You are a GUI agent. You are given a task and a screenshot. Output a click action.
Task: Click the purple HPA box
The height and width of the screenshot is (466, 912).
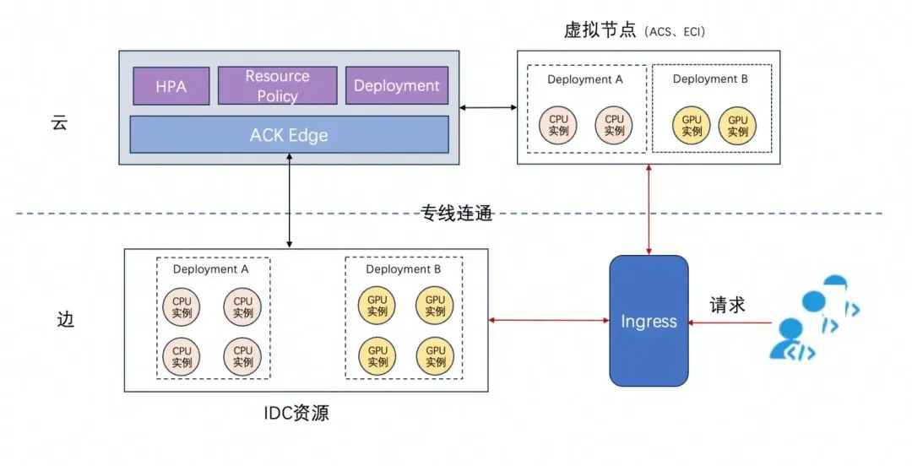click(171, 85)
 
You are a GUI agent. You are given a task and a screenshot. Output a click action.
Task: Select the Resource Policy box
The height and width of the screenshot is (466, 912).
click(278, 85)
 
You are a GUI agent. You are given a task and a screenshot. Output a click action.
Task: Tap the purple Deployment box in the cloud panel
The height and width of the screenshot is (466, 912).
click(397, 85)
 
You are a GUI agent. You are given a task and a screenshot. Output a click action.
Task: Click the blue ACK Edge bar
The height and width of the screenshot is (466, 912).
click(289, 135)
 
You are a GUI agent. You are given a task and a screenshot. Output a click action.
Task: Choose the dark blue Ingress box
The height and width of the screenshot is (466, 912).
click(649, 321)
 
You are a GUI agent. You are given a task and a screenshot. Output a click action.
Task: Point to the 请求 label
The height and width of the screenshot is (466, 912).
click(727, 305)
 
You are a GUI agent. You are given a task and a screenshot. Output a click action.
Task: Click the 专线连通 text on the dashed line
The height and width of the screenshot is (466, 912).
click(457, 213)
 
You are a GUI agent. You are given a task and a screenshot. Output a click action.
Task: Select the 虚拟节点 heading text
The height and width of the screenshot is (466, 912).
click(600, 31)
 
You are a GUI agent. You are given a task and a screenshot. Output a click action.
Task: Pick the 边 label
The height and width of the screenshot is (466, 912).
click(65, 321)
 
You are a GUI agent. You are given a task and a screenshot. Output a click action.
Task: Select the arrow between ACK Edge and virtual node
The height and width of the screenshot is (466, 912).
click(488, 107)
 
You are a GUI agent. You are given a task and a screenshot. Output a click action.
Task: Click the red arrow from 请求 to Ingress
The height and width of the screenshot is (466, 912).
click(730, 322)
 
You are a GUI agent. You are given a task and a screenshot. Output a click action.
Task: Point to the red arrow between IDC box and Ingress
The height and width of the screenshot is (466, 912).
click(549, 320)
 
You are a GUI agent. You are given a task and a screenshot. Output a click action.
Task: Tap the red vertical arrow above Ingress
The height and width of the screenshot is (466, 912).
click(649, 209)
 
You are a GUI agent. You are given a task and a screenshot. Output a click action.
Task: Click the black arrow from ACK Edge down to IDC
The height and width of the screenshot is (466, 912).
click(290, 203)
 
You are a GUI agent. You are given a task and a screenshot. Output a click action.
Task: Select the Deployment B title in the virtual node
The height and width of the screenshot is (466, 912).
click(710, 79)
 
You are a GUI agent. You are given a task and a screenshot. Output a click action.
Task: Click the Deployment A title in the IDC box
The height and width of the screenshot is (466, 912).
click(211, 269)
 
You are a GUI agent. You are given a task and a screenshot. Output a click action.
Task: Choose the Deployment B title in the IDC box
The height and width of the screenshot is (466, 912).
click(404, 269)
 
